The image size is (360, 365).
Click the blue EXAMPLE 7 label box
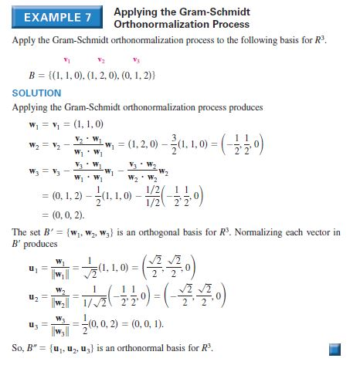56,16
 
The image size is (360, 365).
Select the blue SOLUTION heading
36,93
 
